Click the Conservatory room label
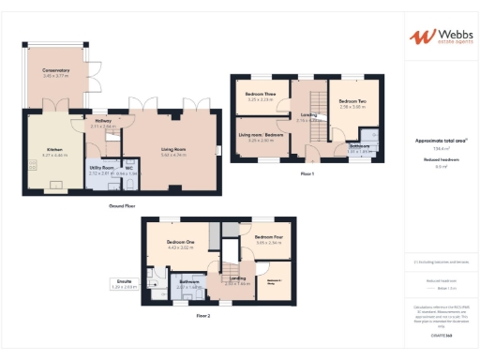pyautogui.click(x=55, y=71)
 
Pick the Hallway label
pyautogui.click(x=104, y=122)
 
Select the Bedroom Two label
pyautogui.click(x=352, y=102)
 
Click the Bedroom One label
pyautogui.click(x=180, y=244)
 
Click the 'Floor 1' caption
pyautogui.click(x=307, y=174)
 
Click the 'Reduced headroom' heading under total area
pyautogui.click(x=441, y=160)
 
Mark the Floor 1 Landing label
pyautogui.click(x=307, y=117)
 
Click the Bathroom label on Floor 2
pyautogui.click(x=189, y=281)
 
